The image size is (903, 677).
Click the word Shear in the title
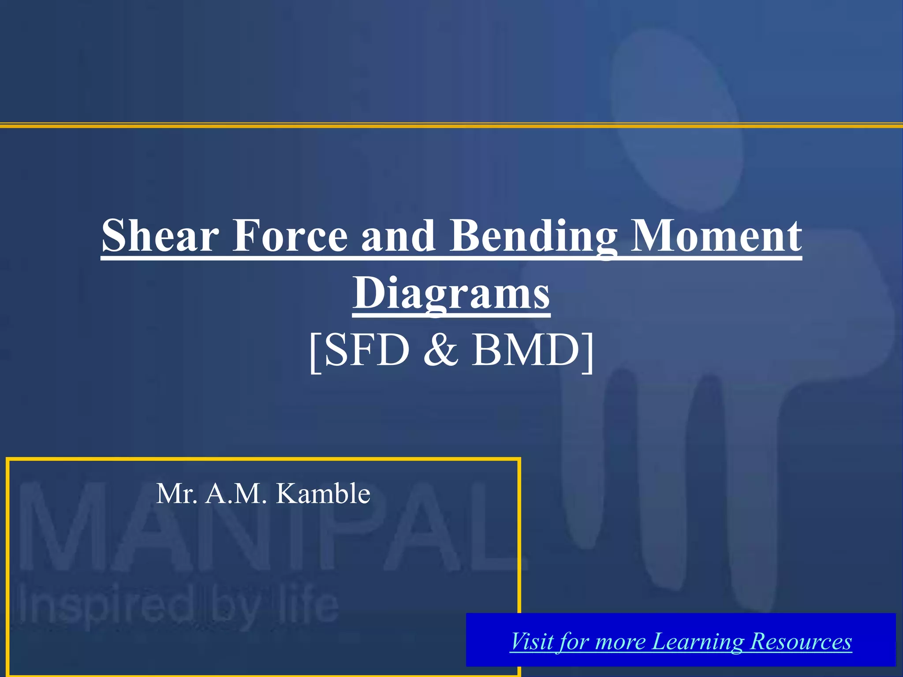click(160, 236)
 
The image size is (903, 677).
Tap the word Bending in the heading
click(532, 236)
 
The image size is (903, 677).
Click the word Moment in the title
click(716, 236)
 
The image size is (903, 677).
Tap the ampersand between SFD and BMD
click(441, 350)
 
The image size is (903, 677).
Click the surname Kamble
click(323, 494)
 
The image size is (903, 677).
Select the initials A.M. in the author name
click(236, 494)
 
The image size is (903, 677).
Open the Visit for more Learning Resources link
click(680, 641)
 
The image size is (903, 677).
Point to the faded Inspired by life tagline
click(176, 606)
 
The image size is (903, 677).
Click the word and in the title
click(398, 236)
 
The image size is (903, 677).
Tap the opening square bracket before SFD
click(315, 352)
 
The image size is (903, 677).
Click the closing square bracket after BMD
click(588, 352)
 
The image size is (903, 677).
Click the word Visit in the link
click(531, 641)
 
